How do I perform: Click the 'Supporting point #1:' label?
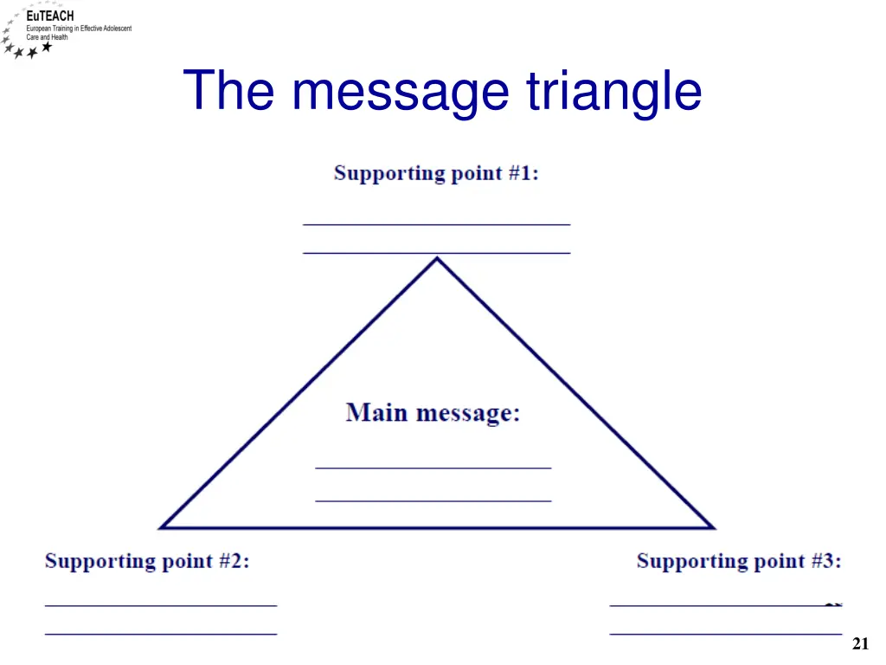(436, 173)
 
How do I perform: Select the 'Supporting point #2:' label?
(147, 561)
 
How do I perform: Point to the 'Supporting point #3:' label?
(739, 561)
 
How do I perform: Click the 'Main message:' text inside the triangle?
(433, 413)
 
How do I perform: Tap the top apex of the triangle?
(437, 258)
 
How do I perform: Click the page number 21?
(860, 643)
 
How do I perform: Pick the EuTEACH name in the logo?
(49, 16)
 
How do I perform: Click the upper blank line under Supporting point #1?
(436, 224)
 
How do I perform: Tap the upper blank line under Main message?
(433, 468)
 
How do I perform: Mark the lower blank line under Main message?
(433, 500)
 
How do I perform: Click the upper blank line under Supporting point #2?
(161, 604)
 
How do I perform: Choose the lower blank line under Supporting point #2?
(161, 634)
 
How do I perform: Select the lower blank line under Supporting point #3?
(725, 634)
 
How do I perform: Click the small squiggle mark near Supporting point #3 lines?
(833, 604)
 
